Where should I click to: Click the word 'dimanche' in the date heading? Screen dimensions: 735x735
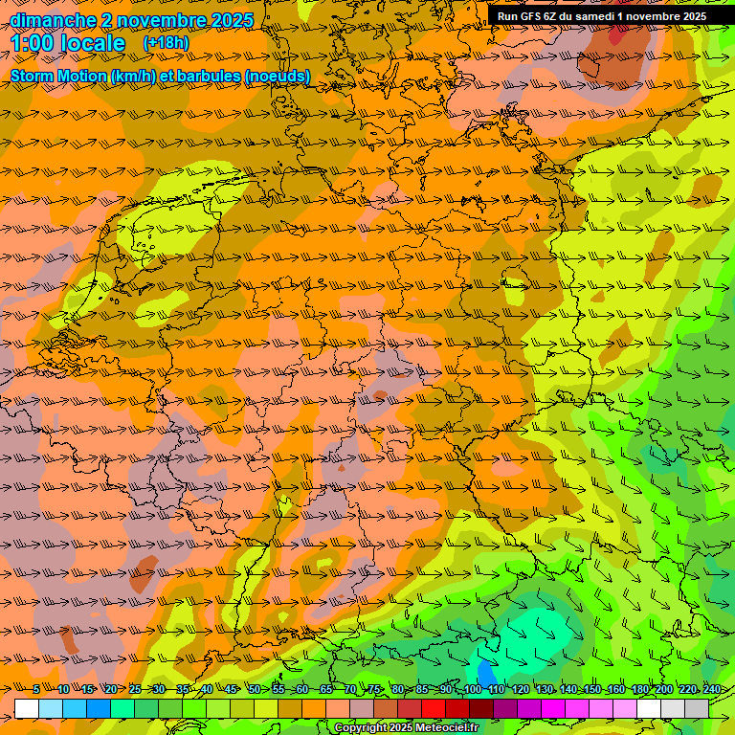pyautogui.click(x=44, y=20)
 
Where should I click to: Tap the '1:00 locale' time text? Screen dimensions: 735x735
pyautogui.click(x=68, y=43)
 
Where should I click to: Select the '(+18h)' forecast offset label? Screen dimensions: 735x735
pyautogui.click(x=166, y=43)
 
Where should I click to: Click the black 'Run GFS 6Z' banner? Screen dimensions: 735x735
pyautogui.click(x=601, y=16)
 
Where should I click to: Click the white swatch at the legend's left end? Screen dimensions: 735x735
pyautogui.click(x=27, y=709)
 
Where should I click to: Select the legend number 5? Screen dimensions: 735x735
pyautogui.click(x=36, y=690)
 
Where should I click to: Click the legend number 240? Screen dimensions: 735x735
pyautogui.click(x=712, y=690)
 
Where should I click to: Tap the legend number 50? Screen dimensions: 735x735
pyautogui.click(x=255, y=690)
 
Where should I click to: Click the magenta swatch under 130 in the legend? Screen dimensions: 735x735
pyautogui.click(x=553, y=709)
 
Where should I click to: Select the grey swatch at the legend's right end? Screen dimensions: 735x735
pyautogui.click(x=697, y=709)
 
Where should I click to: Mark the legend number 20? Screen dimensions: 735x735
pyautogui.click(x=111, y=690)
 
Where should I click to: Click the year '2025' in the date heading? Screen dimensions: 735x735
pyautogui.click(x=231, y=20)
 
